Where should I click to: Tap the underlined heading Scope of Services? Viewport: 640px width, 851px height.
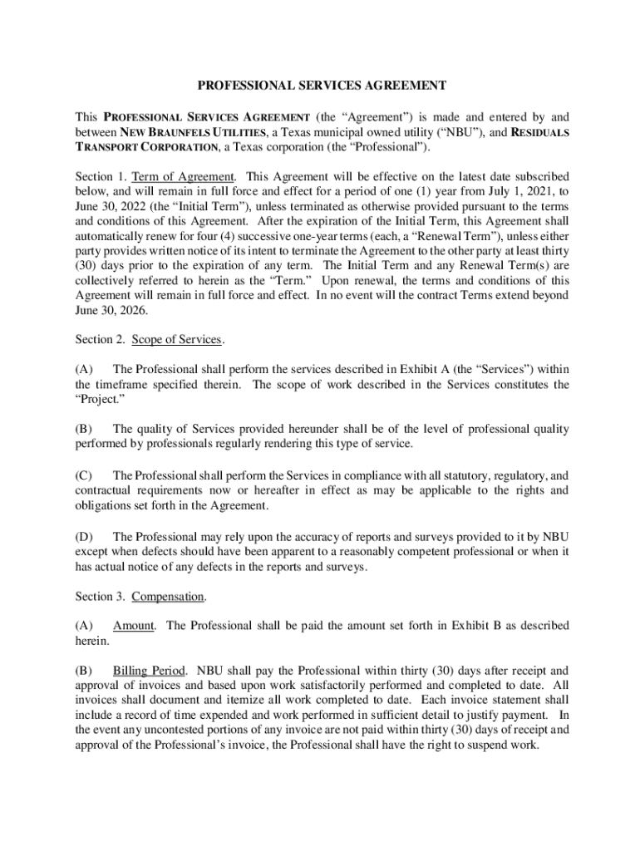(x=177, y=339)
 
